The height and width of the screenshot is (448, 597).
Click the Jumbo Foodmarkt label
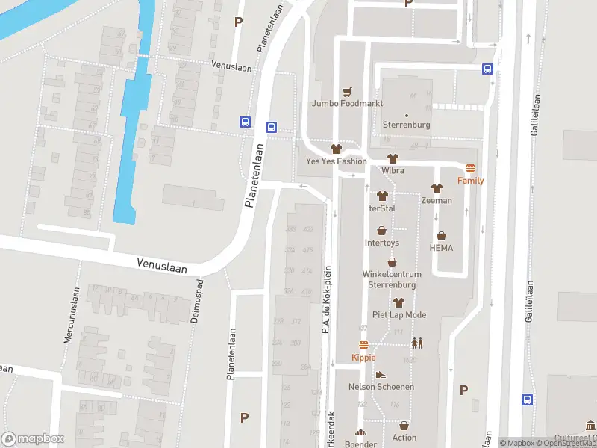[348, 103]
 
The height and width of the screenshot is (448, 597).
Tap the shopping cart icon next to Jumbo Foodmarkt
[347, 91]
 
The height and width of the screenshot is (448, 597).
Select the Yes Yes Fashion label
[337, 161]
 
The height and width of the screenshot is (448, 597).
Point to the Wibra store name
[393, 170]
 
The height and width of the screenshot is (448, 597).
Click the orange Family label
[470, 181]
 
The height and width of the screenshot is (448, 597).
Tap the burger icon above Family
[470, 169]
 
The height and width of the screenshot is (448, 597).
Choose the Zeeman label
[436, 201]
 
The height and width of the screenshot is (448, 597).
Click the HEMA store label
[441, 248]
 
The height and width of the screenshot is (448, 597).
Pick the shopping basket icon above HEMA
[441, 236]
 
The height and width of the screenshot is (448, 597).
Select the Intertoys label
[381, 243]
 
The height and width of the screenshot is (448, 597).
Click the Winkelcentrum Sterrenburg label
[392, 279]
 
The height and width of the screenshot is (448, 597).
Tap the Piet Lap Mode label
[399, 314]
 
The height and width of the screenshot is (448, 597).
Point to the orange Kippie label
[363, 358]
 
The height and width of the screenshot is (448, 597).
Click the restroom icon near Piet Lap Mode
[416, 343]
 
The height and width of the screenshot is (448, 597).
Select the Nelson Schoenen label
[381, 387]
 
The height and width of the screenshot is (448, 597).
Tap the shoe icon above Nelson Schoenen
[381, 375]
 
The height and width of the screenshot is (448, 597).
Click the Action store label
[404, 437]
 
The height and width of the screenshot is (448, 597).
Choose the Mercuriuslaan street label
[70, 315]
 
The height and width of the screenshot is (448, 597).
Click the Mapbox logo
[33, 439]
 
